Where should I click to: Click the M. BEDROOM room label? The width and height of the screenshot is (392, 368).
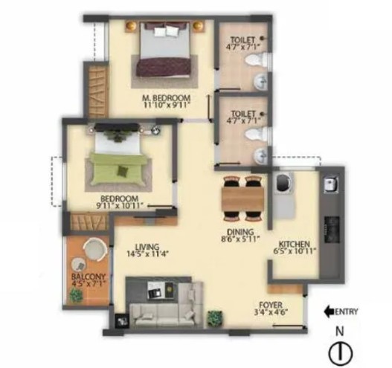tap(167, 97)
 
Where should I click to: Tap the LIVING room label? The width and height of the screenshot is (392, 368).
tap(148, 247)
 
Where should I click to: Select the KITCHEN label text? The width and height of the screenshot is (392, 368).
tap(295, 244)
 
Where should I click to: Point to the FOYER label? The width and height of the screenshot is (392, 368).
tap(271, 305)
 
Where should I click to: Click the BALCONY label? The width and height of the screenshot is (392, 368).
tap(89, 277)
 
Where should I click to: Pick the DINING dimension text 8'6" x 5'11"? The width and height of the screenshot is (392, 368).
tap(240, 239)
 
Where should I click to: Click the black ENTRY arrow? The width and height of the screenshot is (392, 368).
tap(329, 311)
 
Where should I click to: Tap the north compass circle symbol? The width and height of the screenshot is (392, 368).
tap(341, 353)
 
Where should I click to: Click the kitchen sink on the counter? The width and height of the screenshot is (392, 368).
tap(330, 185)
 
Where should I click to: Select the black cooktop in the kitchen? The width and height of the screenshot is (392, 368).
tap(332, 229)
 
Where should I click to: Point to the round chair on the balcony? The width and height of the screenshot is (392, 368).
tap(95, 250)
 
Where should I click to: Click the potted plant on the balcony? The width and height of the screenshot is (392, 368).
tap(77, 296)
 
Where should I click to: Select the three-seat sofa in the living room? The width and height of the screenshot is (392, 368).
tap(161, 315)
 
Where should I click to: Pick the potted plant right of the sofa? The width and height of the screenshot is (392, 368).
tap(215, 318)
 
